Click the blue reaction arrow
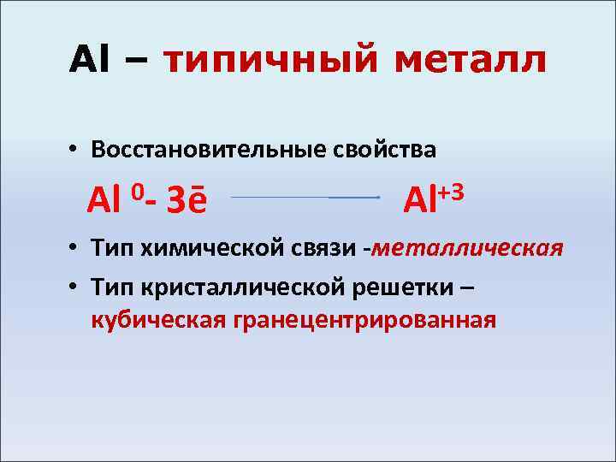(x=305, y=198)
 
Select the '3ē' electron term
(x=187, y=202)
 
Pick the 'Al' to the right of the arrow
(x=419, y=202)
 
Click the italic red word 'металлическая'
(x=468, y=249)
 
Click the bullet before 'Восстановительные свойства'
(x=76, y=150)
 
